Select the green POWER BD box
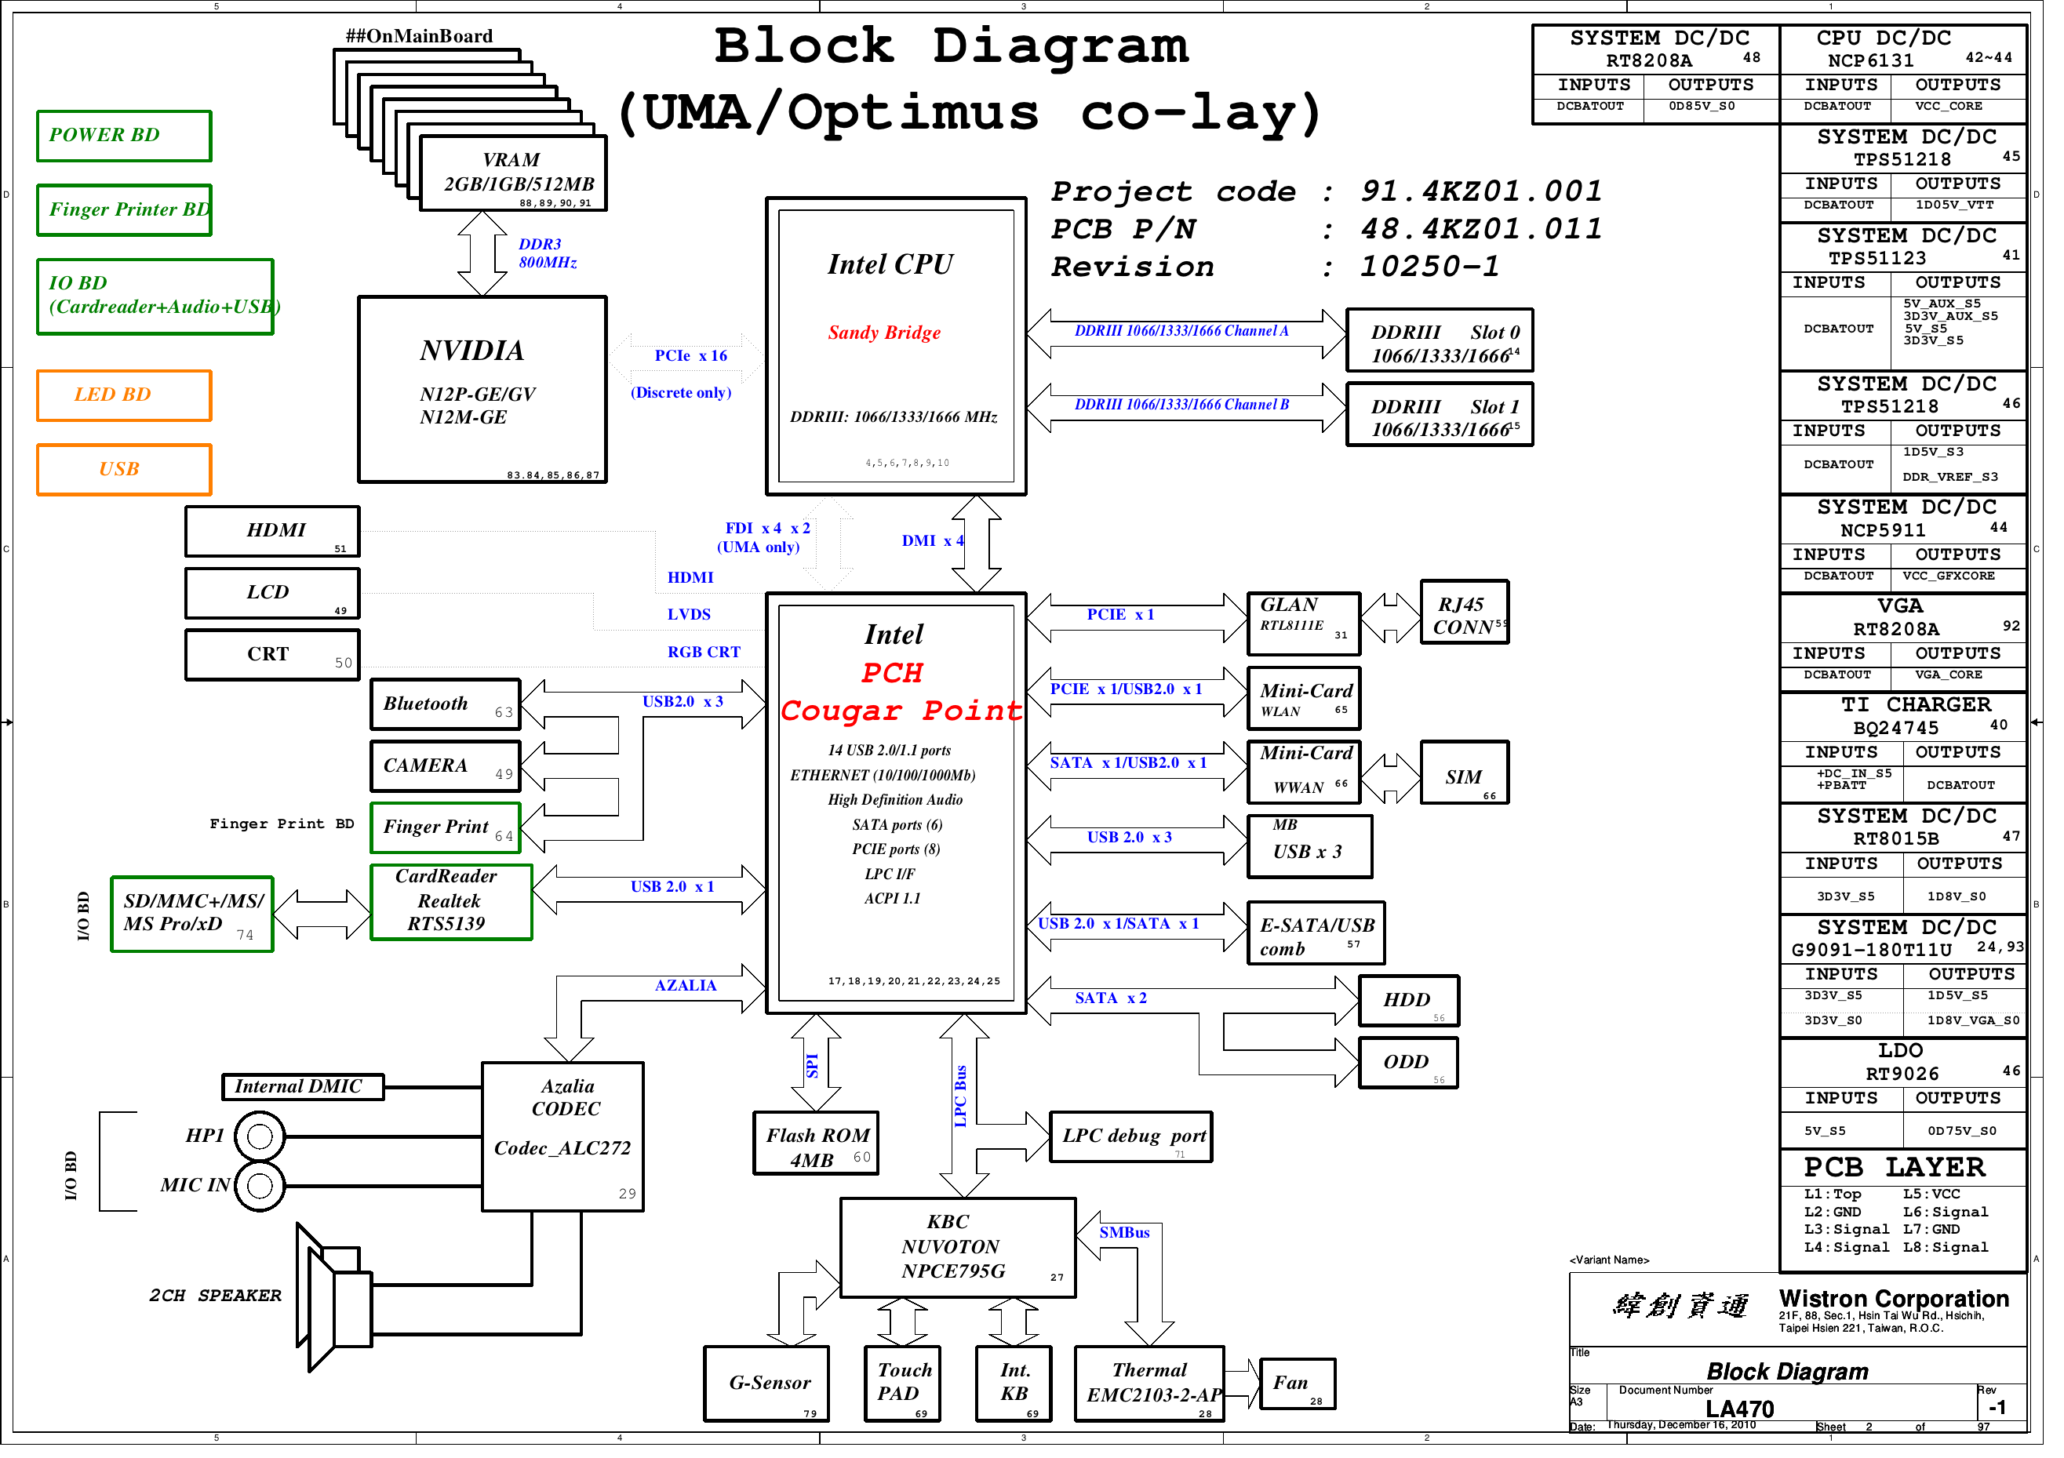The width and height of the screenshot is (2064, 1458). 125,136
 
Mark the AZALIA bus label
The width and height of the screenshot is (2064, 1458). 691,993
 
